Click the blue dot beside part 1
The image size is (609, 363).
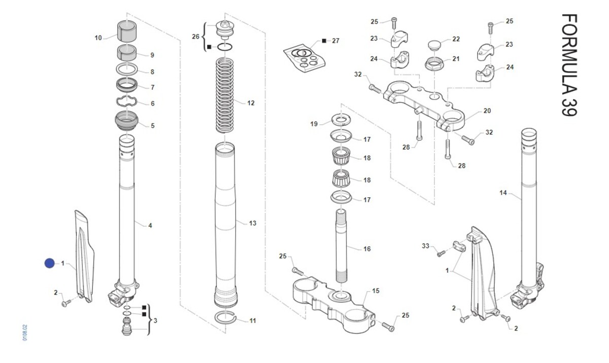coord(49,263)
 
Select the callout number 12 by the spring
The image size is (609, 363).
coord(251,103)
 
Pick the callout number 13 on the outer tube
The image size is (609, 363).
coord(253,223)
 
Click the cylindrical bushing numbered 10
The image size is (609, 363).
coord(128,31)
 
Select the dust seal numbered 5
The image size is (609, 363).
coord(127,122)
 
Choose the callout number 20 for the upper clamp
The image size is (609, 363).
coord(487,111)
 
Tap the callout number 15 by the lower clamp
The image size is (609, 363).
coord(376,291)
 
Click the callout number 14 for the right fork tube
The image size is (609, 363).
coord(503,193)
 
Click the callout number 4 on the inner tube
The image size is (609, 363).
coord(150,225)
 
